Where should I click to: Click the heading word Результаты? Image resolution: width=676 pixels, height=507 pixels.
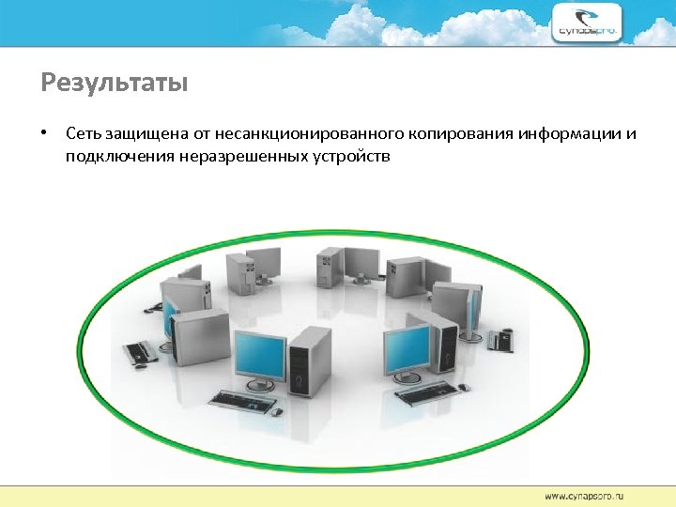pyautogui.click(x=115, y=84)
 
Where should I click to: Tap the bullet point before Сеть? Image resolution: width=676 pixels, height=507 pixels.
pyautogui.click(x=44, y=132)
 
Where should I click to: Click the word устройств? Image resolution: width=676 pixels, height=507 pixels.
pyautogui.click(x=350, y=156)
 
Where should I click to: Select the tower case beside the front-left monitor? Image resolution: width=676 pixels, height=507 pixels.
pyautogui.click(x=309, y=362)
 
